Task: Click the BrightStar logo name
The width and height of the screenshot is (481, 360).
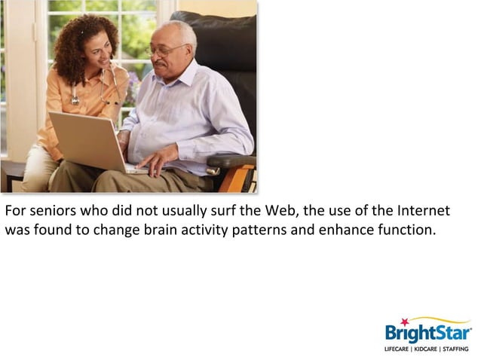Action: tap(427, 333)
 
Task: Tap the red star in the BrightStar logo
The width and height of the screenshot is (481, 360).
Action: tap(404, 322)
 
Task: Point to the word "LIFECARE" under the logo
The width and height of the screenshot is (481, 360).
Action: tap(398, 349)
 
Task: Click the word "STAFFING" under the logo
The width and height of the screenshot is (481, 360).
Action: tap(455, 349)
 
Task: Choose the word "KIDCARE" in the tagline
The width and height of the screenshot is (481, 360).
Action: tap(427, 349)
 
